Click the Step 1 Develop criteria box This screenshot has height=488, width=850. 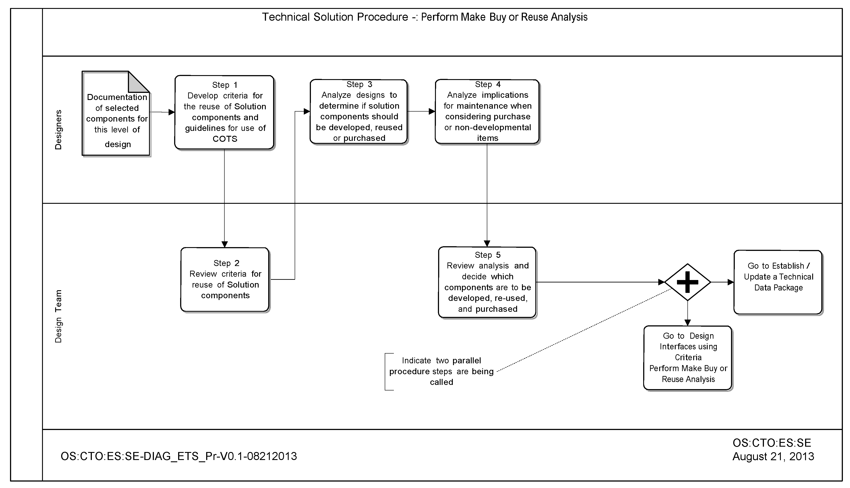pos(224,112)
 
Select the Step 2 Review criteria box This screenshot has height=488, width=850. pos(225,280)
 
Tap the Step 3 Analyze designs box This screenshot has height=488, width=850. pos(359,111)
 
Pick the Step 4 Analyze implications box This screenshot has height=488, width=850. pos(487,111)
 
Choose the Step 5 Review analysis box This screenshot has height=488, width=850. pos(487,282)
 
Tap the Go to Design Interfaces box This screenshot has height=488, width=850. pos(688,358)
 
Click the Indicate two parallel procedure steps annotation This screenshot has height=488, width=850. pos(441,371)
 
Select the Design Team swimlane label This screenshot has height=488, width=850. pos(58,316)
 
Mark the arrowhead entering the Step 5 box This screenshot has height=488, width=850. pos(487,243)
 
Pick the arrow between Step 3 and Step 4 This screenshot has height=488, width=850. pos(421,111)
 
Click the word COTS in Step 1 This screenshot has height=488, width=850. pos(225,139)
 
